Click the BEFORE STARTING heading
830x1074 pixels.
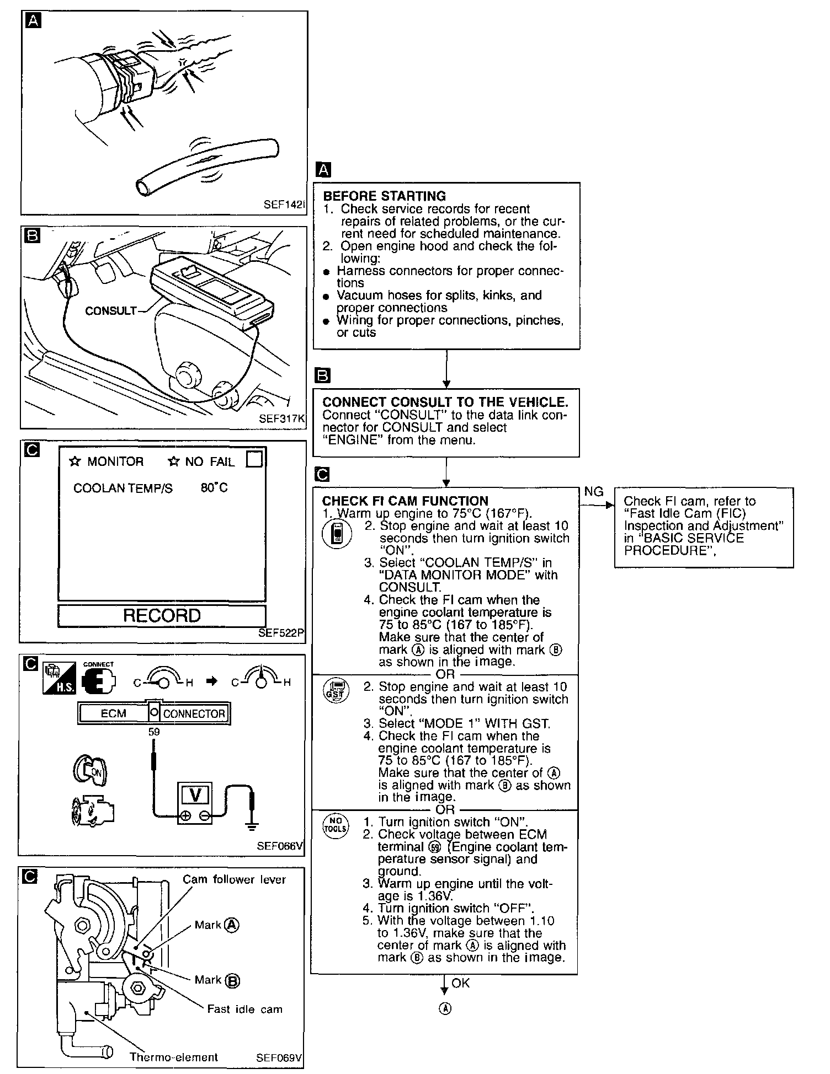click(384, 196)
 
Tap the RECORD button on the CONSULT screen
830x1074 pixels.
click(162, 615)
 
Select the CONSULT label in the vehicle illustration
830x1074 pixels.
click(110, 311)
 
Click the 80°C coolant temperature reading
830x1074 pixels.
click(214, 488)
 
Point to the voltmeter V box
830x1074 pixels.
click(195, 795)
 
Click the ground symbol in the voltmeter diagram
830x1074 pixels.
click(252, 825)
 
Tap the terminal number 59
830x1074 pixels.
click(154, 732)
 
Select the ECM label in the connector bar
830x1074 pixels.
click(114, 713)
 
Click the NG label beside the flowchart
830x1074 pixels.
click(593, 491)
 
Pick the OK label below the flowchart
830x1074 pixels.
click(461, 983)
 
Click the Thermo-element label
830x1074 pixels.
click(173, 1057)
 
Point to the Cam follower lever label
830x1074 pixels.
click(235, 879)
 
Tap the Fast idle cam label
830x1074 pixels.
click(244, 1009)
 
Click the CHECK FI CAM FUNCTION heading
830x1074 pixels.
click(405, 501)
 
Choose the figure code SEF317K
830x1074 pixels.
click(281, 418)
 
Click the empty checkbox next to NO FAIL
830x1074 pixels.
click(254, 460)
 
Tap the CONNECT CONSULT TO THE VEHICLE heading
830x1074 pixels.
click(445, 402)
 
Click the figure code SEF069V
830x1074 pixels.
click(279, 1058)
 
